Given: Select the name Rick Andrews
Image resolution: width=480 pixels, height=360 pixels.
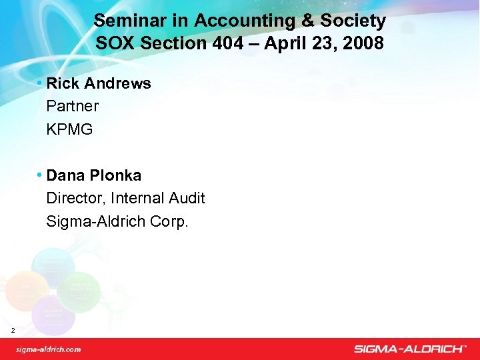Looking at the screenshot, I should tap(99, 83).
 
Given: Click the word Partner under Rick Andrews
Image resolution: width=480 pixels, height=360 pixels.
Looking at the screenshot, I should tap(73, 106).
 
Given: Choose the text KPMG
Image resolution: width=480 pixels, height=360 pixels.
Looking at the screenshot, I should tap(69, 129).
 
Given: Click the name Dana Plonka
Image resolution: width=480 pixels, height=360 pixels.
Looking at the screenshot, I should tap(94, 175).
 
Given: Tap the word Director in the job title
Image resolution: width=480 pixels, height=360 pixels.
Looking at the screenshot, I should tap(75, 198).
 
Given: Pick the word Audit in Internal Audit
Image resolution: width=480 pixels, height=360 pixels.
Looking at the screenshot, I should tap(187, 198).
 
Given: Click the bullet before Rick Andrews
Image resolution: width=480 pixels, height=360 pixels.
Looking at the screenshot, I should tap(40, 83).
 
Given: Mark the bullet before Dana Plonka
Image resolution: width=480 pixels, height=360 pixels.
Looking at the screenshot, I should tap(40, 175).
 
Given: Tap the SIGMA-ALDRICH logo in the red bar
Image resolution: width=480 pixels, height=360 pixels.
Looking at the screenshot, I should tap(409, 349).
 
